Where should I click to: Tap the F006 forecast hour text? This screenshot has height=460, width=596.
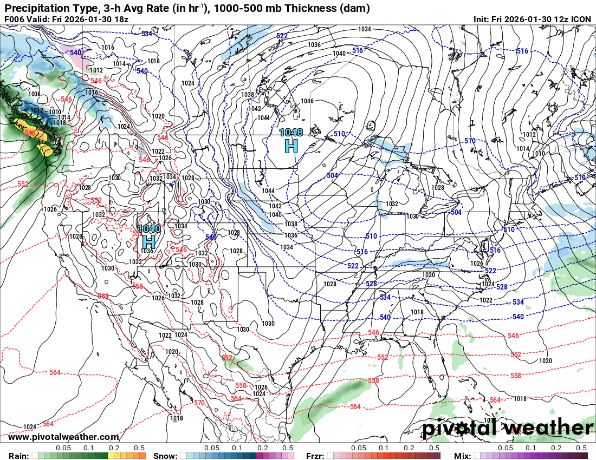(15, 19)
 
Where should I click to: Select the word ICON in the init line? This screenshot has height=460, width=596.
(581, 19)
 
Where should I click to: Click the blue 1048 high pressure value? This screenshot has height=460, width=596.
(291, 132)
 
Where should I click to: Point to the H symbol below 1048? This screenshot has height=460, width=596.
(291, 145)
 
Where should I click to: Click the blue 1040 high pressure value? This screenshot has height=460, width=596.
(148, 229)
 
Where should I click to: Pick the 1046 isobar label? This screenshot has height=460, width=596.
(307, 101)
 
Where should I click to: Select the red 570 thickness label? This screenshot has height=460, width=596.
(199, 403)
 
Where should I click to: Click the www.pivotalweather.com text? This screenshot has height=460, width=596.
(63, 437)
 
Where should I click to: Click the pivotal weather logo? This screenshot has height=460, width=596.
(507, 428)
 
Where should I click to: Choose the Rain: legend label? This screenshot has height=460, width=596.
(19, 456)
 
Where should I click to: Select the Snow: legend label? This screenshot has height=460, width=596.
(165, 456)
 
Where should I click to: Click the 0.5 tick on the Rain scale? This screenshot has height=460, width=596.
(139, 448)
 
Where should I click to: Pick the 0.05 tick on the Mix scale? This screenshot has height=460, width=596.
(506, 448)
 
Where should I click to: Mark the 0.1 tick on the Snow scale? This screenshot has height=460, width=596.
(237, 448)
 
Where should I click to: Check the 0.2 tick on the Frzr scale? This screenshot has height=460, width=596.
(409, 448)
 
